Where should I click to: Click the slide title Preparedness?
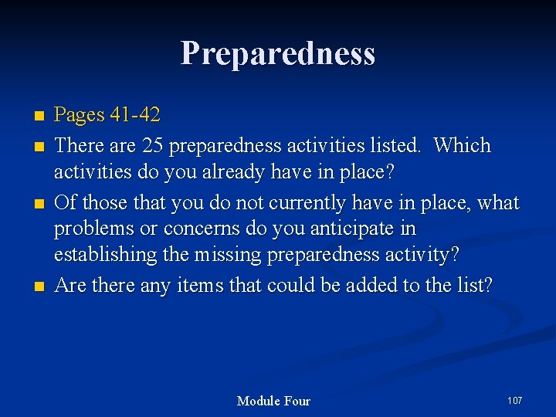[x=278, y=53]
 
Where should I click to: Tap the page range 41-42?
[x=134, y=116]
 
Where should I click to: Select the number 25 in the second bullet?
[x=153, y=146]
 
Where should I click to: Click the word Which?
[x=462, y=146]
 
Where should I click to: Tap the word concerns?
[x=203, y=229]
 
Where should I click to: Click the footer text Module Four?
[x=273, y=401]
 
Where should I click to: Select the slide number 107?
[x=514, y=400]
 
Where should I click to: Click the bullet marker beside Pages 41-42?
[x=39, y=117]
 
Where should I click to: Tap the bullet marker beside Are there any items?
[x=39, y=286]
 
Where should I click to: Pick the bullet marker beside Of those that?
[x=39, y=204]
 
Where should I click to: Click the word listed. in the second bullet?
[x=396, y=146]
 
